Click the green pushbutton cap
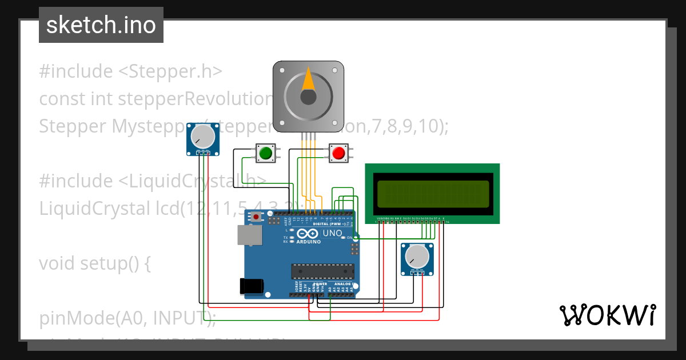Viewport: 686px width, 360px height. coord(265,153)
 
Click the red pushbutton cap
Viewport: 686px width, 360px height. coord(338,153)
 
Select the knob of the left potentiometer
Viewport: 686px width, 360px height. coord(203,137)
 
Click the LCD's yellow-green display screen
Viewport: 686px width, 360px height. coord(433,194)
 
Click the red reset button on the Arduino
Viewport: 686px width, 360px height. coord(256,217)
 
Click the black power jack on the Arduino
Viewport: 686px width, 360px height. coord(252,286)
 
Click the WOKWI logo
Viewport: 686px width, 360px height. coord(607,315)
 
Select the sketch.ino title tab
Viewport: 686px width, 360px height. coord(101,25)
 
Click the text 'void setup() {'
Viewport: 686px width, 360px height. coord(95,263)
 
